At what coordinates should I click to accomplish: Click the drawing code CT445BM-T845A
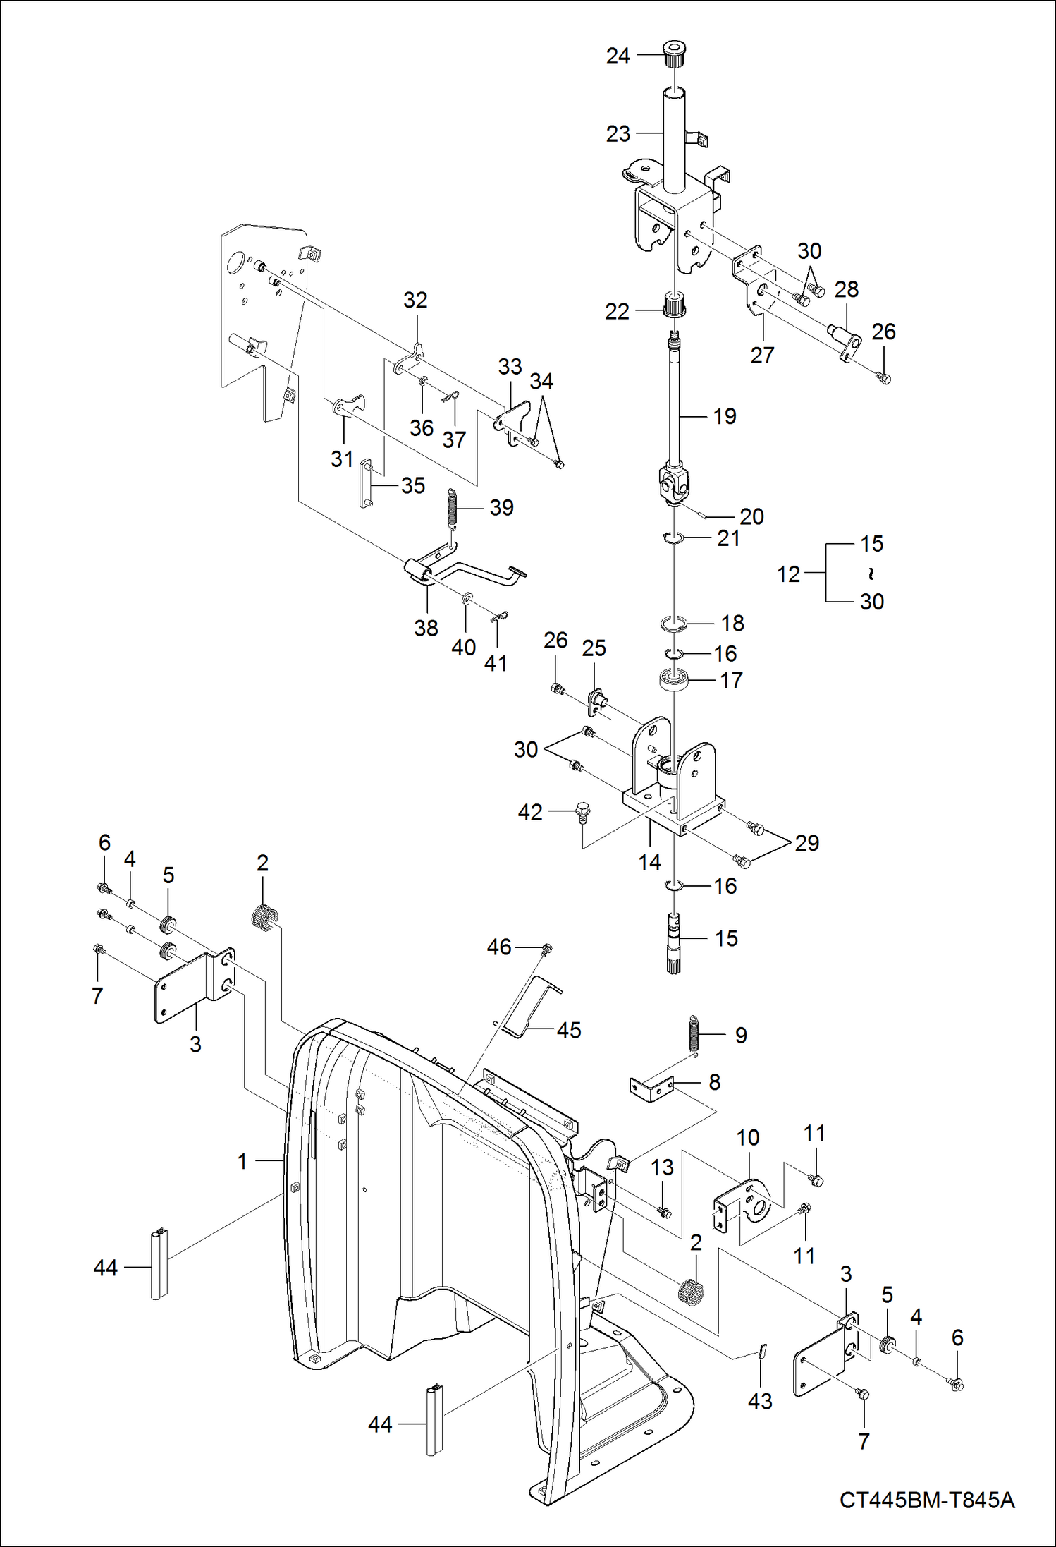coord(926,1500)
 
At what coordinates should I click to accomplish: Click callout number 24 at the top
coord(618,56)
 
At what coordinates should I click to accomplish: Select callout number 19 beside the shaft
coord(725,416)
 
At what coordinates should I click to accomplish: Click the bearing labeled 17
coord(673,680)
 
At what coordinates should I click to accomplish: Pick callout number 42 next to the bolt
coord(530,812)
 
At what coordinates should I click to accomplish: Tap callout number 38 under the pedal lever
coord(426,628)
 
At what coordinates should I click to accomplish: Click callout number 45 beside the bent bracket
coord(569,1030)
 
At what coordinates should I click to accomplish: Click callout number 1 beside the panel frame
coord(242,1160)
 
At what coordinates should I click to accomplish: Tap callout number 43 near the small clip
coord(760,1401)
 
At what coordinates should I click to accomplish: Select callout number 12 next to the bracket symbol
coord(789,574)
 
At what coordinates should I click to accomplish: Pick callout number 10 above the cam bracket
coord(748,1137)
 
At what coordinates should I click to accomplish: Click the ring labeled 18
coord(674,624)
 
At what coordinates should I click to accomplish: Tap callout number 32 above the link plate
coord(415,300)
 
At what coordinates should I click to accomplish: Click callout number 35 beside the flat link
coord(413,485)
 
